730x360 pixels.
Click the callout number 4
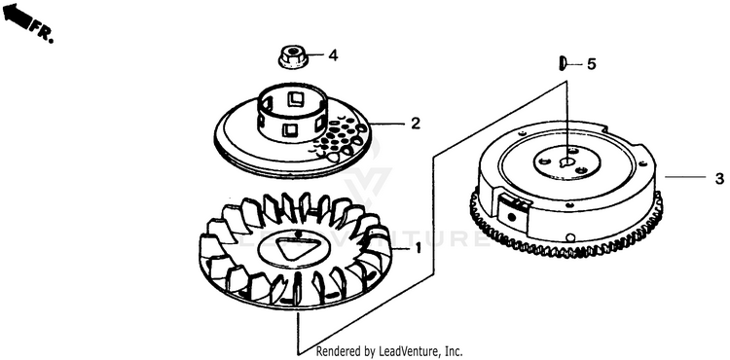333,55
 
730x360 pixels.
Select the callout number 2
416,124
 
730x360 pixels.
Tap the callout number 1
418,248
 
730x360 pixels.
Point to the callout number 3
719,178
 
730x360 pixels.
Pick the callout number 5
591,64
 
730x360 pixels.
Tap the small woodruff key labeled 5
562,63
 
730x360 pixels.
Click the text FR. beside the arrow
42,32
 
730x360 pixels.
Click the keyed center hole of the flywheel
567,162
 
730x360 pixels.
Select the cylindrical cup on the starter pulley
293,114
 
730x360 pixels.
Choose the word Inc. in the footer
454,350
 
